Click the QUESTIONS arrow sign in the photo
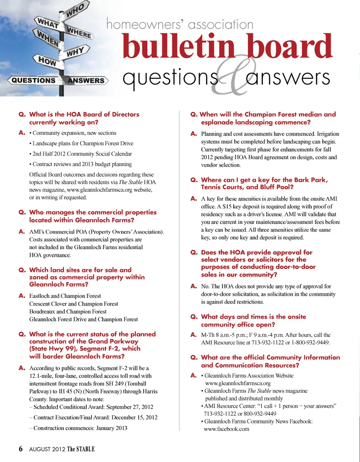coord(34,80)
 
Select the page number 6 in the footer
coord(21,449)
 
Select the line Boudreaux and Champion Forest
coord(68,312)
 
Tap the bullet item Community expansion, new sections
coord(74,133)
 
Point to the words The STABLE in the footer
coord(81,449)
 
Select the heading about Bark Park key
coord(264,183)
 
